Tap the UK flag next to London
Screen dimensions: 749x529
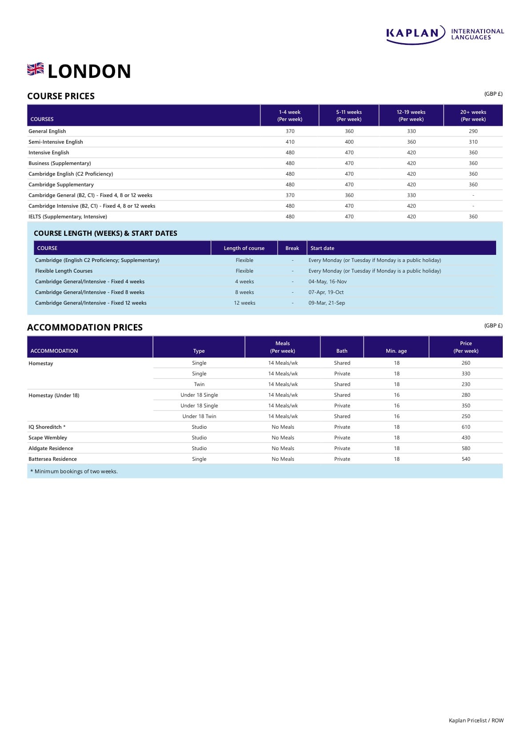pos(36,69)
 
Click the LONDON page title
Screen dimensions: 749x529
pos(89,72)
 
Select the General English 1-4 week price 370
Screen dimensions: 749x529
pos(290,131)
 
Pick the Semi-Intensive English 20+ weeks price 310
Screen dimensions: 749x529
pos(473,142)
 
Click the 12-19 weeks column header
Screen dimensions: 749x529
pos(411,116)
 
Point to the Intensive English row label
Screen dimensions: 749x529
pos(49,153)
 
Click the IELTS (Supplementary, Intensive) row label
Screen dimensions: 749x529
pos(68,217)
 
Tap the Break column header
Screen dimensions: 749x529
pos(292,248)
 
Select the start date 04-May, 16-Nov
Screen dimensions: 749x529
pos(328,282)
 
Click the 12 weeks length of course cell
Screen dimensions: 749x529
pos(244,303)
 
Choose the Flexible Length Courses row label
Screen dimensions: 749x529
pos(64,271)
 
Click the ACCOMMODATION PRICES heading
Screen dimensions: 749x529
pos(85,327)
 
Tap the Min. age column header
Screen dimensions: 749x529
pos(396,351)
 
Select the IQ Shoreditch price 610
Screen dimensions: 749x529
pos(466,427)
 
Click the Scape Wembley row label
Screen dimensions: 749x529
pos(48,438)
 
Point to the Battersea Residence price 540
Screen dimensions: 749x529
pos(466,459)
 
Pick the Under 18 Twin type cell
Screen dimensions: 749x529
pos(199,416)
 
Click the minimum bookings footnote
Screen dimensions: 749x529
pos(74,471)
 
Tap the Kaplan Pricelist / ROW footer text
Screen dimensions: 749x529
pos(476,721)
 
